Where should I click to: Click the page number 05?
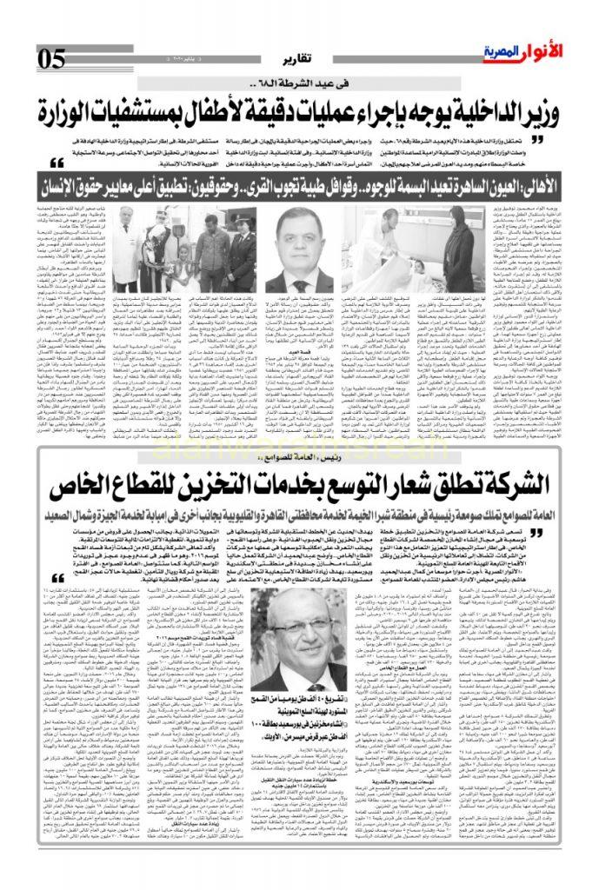click(51, 59)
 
